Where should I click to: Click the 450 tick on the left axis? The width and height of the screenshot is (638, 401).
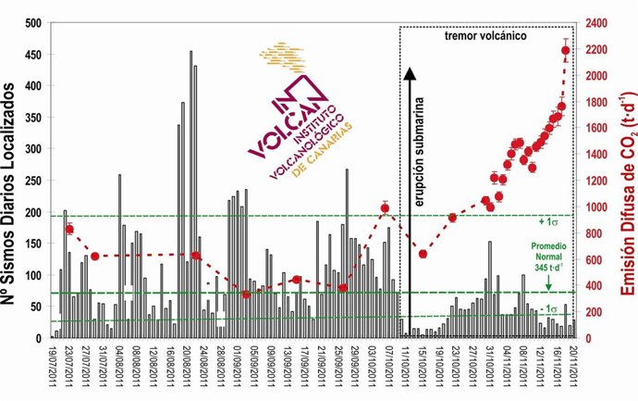[35, 54]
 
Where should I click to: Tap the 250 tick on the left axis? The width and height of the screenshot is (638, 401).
[35, 180]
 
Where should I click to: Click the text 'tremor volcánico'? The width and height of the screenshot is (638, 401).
[485, 38]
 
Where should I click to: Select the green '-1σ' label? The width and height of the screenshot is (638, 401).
[551, 308]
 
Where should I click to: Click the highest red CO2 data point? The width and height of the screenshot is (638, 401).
[566, 51]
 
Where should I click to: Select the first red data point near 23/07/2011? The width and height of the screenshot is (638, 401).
[69, 229]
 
